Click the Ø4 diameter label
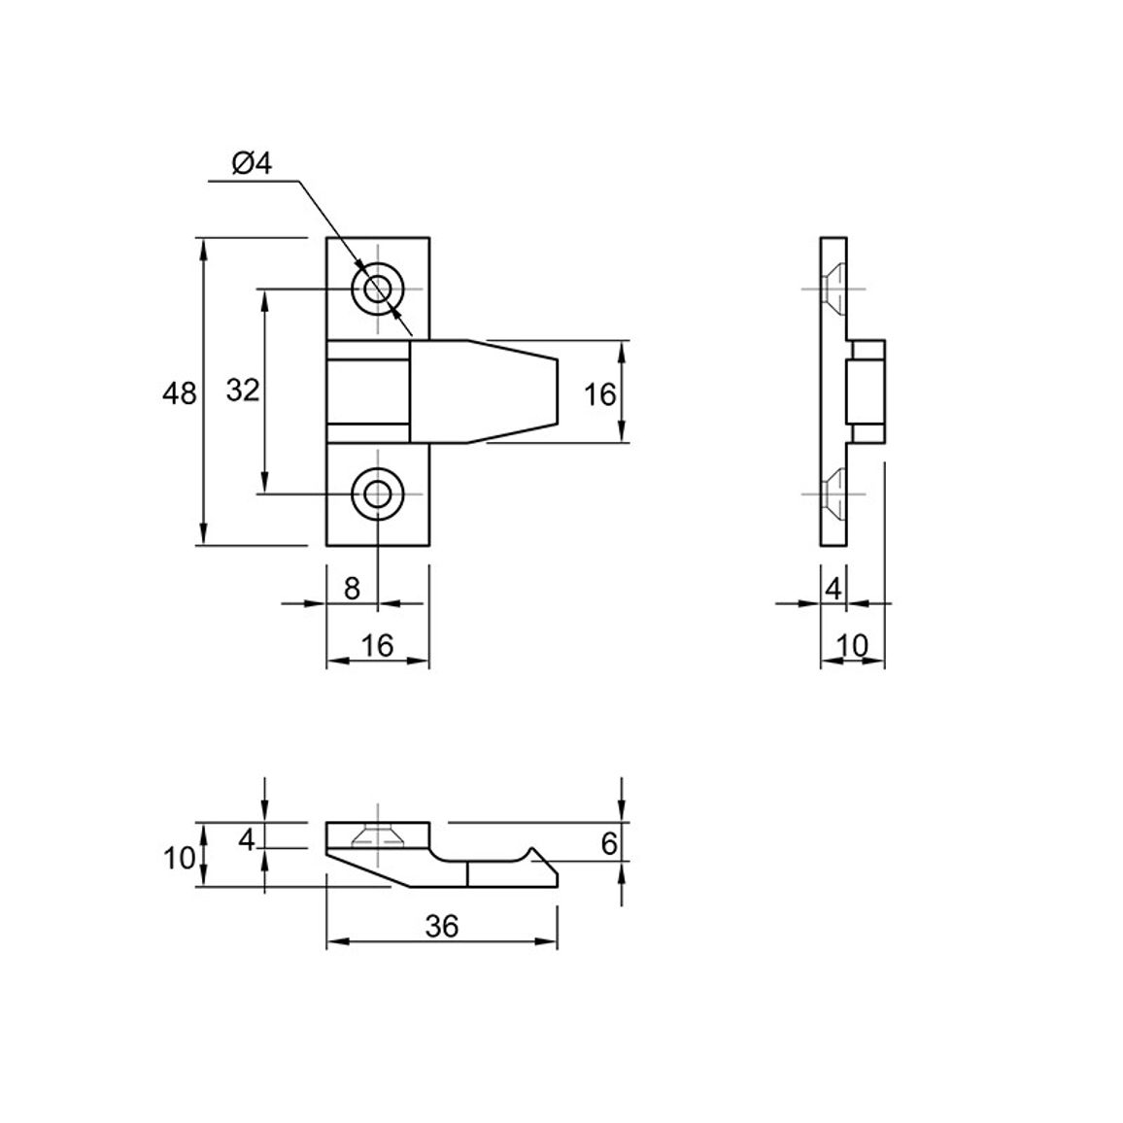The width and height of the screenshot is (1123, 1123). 253,163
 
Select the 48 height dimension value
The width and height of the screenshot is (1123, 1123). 179,393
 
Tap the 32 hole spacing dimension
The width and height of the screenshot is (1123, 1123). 243,391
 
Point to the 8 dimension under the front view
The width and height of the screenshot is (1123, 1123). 352,588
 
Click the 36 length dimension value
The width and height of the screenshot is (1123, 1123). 441,926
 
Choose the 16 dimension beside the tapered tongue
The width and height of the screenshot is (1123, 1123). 600,393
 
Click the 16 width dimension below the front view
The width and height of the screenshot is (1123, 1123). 378,645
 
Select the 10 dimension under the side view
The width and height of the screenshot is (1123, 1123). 852,645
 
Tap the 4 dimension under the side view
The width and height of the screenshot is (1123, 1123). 833,589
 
